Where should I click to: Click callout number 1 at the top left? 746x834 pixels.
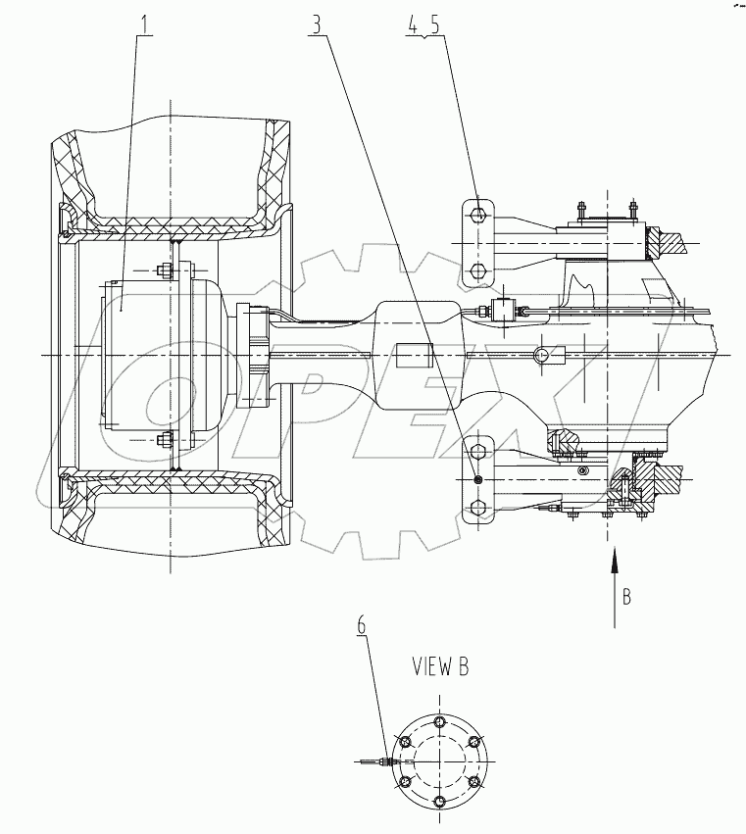pyautogui.click(x=146, y=25)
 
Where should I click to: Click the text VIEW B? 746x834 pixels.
pyautogui.click(x=439, y=667)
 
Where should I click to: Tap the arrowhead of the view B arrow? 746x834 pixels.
pyautogui.click(x=615, y=558)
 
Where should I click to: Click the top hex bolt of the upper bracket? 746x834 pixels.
pyautogui.click(x=476, y=215)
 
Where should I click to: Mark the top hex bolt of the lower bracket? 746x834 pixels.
pyautogui.click(x=476, y=452)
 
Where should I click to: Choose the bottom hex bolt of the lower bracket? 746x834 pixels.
pyautogui.click(x=476, y=507)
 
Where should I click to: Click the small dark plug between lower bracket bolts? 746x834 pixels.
pyautogui.click(x=476, y=479)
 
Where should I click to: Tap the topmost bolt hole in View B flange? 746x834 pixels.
pyautogui.click(x=439, y=720)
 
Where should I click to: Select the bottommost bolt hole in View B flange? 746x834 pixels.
pyautogui.click(x=439, y=802)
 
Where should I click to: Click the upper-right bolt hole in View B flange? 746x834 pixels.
pyautogui.click(x=474, y=741)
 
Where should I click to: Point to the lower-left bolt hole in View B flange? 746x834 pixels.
pyautogui.click(x=404, y=781)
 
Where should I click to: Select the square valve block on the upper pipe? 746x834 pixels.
pyautogui.click(x=507, y=310)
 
